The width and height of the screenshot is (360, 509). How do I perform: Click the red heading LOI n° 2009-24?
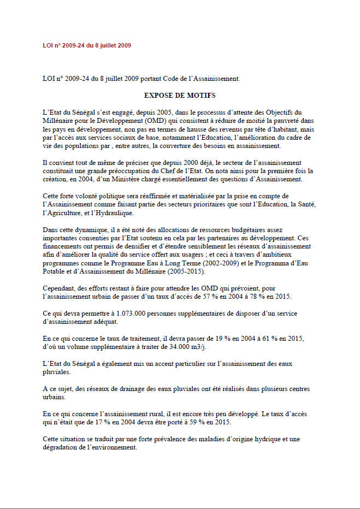pos(86,45)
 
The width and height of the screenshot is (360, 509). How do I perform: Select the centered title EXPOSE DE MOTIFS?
pos(180,94)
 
